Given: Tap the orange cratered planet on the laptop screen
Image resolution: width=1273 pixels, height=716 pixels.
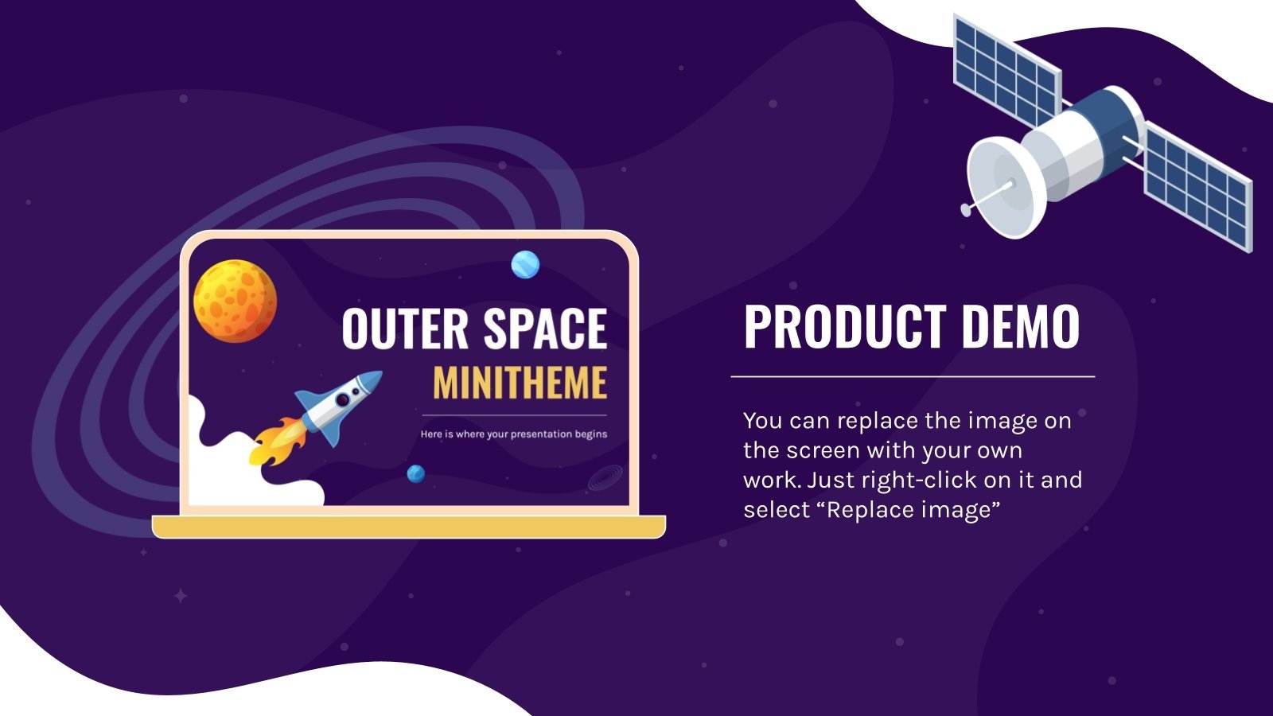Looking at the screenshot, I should [235, 301].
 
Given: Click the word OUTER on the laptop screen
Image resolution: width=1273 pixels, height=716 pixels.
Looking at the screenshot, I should [405, 329].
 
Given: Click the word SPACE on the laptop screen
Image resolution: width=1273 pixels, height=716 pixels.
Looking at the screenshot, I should [545, 329].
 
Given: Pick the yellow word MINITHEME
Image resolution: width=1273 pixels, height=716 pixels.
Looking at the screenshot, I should [520, 383].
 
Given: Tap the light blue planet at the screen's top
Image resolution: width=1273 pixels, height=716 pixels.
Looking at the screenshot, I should [525, 264].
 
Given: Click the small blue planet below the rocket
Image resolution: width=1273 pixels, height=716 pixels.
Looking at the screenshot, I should [415, 474].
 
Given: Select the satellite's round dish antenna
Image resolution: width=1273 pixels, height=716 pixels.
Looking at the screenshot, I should [1000, 189].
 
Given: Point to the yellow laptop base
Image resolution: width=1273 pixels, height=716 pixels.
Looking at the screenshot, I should [409, 526].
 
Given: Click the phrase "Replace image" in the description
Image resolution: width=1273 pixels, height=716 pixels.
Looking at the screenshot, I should [912, 510].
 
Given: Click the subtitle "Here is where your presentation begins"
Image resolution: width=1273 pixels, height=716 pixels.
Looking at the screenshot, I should [514, 434].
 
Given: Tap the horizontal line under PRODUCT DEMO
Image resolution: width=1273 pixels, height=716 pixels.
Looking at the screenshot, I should [913, 376].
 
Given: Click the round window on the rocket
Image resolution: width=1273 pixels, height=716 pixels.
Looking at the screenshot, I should [342, 400].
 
